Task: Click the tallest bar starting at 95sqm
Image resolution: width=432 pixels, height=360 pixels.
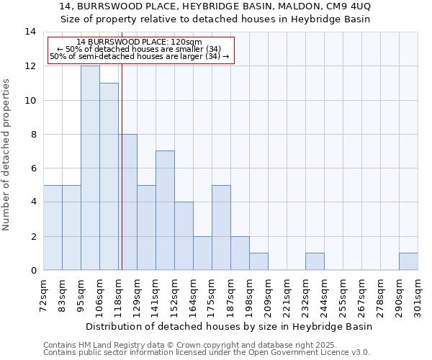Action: point(90,168)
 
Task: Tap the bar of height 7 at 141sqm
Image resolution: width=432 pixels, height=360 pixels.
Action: point(165,210)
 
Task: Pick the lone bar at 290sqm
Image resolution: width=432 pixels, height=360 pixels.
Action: point(408,261)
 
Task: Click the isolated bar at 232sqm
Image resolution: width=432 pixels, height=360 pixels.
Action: point(315,261)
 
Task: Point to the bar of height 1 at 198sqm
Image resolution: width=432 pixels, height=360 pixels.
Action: point(258,261)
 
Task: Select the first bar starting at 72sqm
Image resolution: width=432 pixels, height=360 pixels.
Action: point(53,228)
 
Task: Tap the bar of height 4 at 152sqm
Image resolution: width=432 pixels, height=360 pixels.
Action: point(184,236)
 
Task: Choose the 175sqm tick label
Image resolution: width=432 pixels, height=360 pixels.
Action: point(212,297)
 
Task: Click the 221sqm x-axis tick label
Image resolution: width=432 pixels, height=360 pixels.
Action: point(287,297)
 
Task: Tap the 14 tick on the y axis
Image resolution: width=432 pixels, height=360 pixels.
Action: point(30,32)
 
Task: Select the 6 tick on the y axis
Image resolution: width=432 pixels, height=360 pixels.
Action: point(32,168)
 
